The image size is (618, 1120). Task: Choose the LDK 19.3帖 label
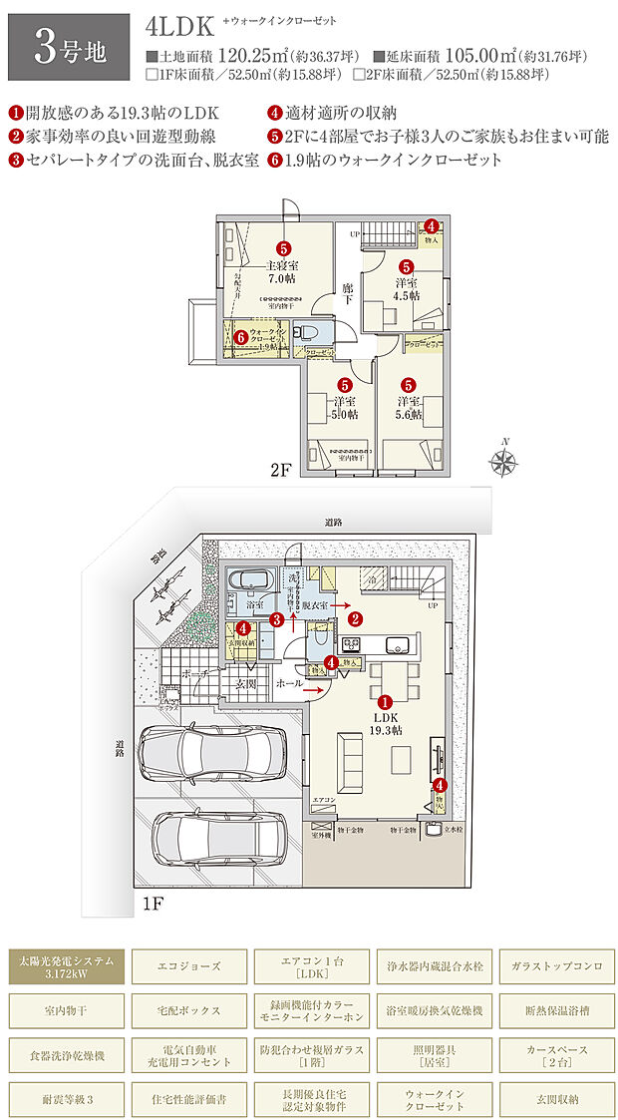(384, 723)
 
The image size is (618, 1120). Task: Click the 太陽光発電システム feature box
(65, 965)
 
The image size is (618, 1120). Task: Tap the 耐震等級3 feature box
(65, 1099)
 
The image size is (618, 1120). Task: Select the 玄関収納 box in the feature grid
(552, 1099)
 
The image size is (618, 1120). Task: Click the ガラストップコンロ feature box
(552, 965)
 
